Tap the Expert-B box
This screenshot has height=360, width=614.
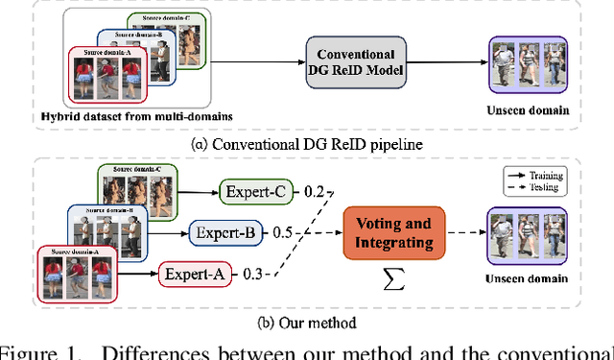tap(224, 233)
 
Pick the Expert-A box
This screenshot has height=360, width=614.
tap(195, 275)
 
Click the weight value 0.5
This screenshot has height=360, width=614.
tap(281, 233)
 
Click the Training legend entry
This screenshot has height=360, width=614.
tap(562, 176)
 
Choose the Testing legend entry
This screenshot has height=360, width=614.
tap(562, 189)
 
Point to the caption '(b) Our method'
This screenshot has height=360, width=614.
tap(306, 322)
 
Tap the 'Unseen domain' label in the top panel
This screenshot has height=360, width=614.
tap(530, 110)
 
